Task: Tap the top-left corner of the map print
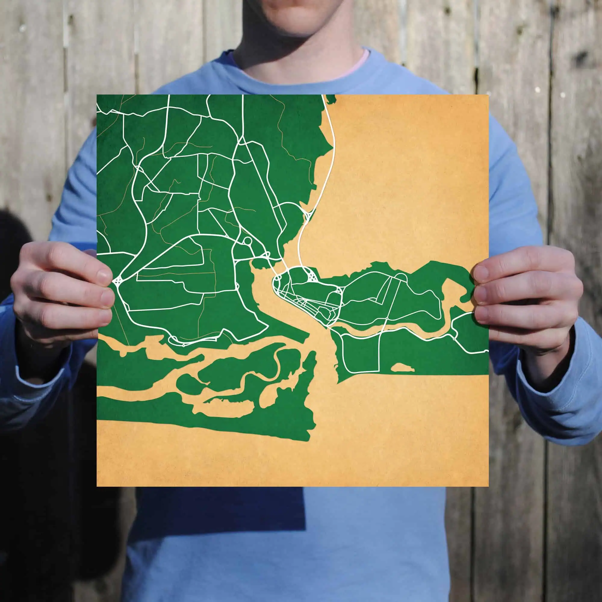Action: pyautogui.click(x=97, y=95)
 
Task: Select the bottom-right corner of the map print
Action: pyautogui.click(x=488, y=486)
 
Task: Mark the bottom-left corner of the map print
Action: pyautogui.click(x=97, y=486)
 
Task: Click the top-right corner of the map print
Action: pyautogui.click(x=488, y=95)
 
